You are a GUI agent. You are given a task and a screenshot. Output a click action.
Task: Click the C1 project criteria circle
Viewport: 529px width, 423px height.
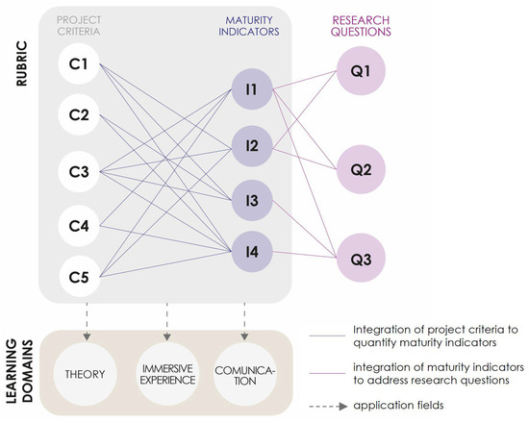point(79,63)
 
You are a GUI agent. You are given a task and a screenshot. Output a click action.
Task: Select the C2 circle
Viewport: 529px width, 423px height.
point(79,114)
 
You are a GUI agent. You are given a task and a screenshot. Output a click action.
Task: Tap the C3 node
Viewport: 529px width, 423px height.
point(79,172)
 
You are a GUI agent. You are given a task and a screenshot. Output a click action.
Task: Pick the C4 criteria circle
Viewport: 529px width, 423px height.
point(79,226)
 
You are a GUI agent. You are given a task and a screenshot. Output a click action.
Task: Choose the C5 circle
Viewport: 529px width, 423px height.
point(79,277)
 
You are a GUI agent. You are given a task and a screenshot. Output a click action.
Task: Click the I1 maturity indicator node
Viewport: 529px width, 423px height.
point(252,89)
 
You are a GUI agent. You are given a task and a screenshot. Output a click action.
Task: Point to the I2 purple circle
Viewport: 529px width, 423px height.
point(252,146)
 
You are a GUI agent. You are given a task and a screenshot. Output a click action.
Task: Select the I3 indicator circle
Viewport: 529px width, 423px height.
point(252,200)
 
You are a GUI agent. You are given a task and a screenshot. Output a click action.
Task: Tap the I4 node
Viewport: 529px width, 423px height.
point(252,252)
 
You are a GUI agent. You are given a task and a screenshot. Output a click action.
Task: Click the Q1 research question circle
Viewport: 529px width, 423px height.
point(361,71)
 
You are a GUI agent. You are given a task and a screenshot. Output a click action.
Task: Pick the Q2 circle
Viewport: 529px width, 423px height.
point(361,169)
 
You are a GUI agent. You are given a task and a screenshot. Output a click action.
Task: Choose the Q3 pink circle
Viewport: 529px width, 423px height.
point(361,258)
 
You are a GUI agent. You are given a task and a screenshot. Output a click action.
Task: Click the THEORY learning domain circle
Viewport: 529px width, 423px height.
point(85,374)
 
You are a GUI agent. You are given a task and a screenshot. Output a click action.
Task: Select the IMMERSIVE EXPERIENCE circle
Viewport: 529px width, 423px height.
point(167,374)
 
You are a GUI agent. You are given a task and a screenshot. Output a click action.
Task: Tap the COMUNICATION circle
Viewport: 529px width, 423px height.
point(245,374)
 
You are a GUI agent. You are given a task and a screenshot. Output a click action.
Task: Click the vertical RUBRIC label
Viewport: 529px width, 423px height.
point(21,63)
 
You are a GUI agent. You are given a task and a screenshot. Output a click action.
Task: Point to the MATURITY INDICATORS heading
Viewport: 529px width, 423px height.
point(249,26)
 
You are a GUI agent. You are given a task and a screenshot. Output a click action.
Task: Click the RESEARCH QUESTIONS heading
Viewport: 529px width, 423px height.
point(361,26)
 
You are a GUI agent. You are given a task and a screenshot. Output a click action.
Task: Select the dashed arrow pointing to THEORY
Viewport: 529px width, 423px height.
point(87,321)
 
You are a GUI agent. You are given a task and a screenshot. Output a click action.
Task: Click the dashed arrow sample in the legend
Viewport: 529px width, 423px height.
point(328,406)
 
